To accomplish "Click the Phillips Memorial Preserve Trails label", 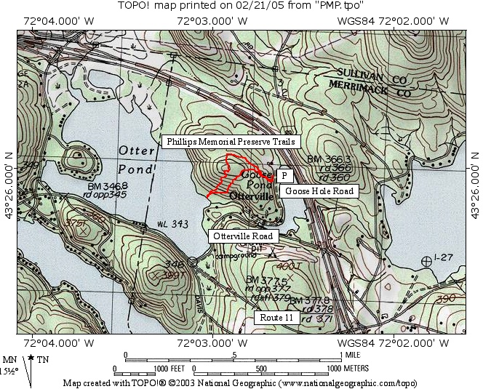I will click(231, 141).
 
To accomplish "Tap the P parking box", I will click(284, 175).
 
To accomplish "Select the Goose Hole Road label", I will click(319, 191).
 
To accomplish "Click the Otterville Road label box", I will click(243, 236).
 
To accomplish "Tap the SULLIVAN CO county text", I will click(370, 73).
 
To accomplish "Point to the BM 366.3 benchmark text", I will click(329, 159).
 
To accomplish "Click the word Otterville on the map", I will click(251, 197).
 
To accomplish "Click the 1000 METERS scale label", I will click(347, 368).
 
